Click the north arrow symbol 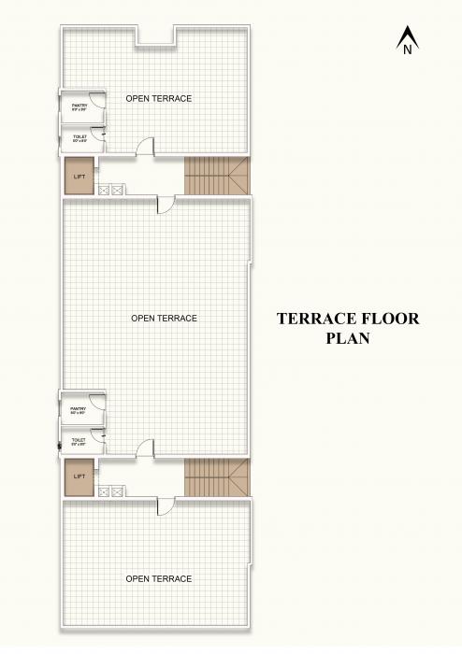coord(407,42)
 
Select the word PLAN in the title coord(347,339)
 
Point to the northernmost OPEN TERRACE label coord(159,98)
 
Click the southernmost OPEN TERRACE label coord(159,579)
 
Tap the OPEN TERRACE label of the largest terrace coord(165,319)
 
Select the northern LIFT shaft coord(79,177)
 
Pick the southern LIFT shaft coord(79,476)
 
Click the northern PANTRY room coord(79,107)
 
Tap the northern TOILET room coord(79,139)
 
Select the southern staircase coord(217,477)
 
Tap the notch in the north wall coord(156,36)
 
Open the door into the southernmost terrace coord(166,505)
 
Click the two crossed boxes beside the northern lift coord(110,190)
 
